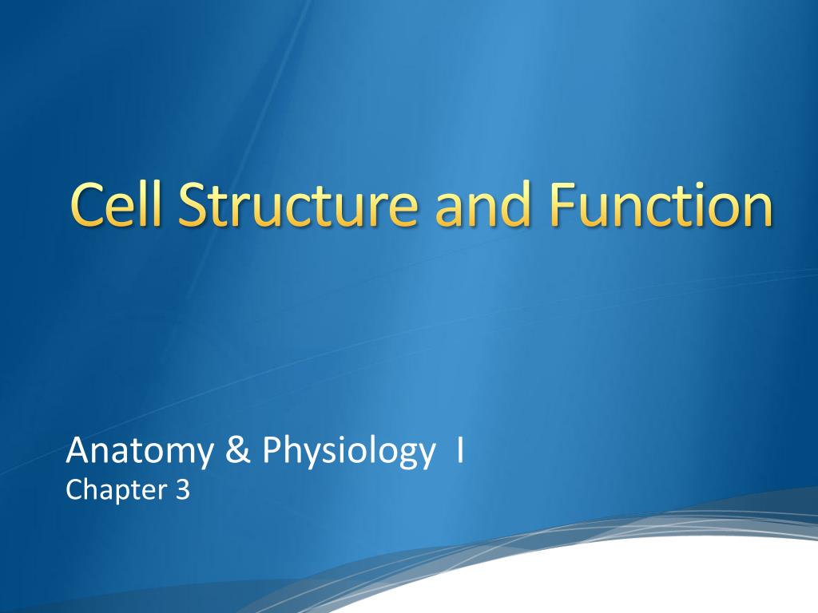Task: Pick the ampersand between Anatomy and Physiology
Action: click(240, 452)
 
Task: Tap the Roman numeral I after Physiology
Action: click(460, 452)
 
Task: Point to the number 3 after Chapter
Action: click(183, 489)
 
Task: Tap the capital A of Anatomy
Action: click(77, 452)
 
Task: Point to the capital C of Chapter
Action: click(73, 489)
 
